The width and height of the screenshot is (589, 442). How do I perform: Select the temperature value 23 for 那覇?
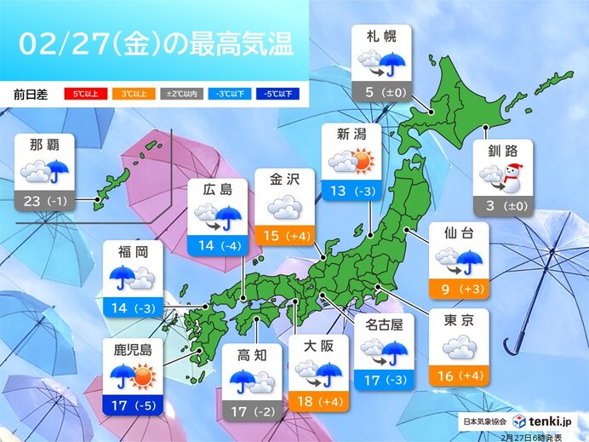[33, 202]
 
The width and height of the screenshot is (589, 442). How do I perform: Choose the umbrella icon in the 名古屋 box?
[394, 348]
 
